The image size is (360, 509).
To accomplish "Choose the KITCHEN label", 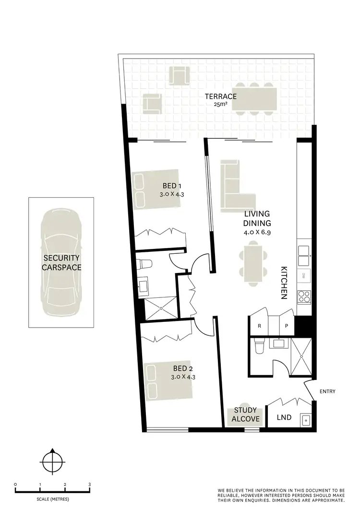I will click(x=284, y=283).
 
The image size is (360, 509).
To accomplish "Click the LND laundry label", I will click(x=284, y=417).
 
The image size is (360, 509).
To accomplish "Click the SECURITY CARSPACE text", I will click(x=61, y=263).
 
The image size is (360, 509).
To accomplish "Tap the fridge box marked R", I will click(x=259, y=326).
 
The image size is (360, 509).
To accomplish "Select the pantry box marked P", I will click(x=287, y=326).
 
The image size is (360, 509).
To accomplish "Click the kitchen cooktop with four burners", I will click(x=304, y=297).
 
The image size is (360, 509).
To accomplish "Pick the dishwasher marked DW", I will click(x=304, y=276).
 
